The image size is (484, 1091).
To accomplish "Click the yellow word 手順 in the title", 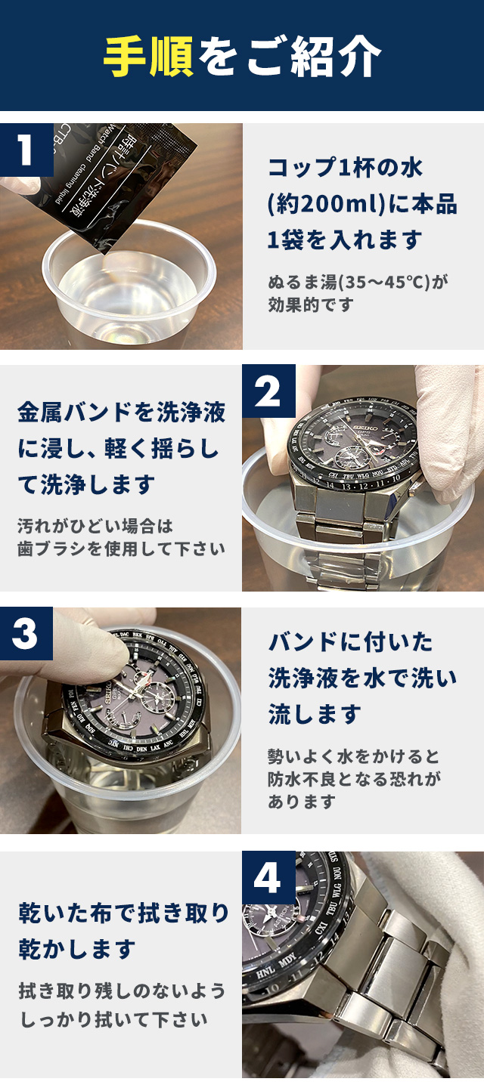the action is (148, 56).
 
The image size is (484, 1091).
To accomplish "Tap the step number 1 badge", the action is (26, 150).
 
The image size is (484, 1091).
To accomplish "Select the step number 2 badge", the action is (268, 391).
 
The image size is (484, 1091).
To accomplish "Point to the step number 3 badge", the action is (26, 633).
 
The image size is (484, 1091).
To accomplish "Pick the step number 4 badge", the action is (268, 878).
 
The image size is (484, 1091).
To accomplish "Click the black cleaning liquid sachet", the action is (122, 185).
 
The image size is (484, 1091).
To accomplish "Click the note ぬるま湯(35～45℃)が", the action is (357, 282).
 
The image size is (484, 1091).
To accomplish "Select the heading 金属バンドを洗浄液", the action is (121, 413).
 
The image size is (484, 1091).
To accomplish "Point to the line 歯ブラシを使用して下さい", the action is (121, 549).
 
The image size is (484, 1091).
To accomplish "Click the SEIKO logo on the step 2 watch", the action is (368, 428).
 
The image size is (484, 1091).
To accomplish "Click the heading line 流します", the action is (314, 714).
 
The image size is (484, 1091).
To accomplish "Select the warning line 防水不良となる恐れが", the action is (354, 779).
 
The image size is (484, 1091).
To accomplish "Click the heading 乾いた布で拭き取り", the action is (123, 913).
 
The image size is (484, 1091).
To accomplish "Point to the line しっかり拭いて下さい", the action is (114, 1019).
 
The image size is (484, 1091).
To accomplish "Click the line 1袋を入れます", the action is (344, 240).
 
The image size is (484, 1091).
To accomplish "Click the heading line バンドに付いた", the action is (350, 642).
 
